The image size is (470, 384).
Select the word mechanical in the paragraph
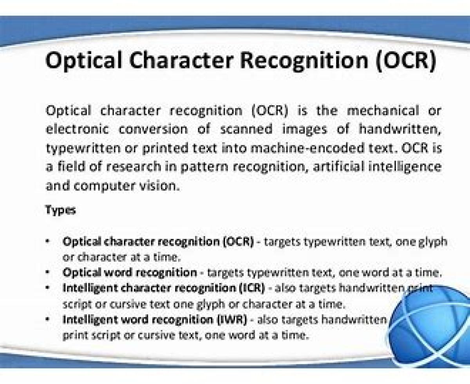383,111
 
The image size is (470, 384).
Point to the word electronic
77,129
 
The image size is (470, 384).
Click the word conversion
153,130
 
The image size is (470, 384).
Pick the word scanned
246,129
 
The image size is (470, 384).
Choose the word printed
165,148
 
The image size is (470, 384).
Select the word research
134,167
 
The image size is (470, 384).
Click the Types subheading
60,210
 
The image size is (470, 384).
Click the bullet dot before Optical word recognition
47,272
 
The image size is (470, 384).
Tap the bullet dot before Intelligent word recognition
47,319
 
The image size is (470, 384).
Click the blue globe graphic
430,327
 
